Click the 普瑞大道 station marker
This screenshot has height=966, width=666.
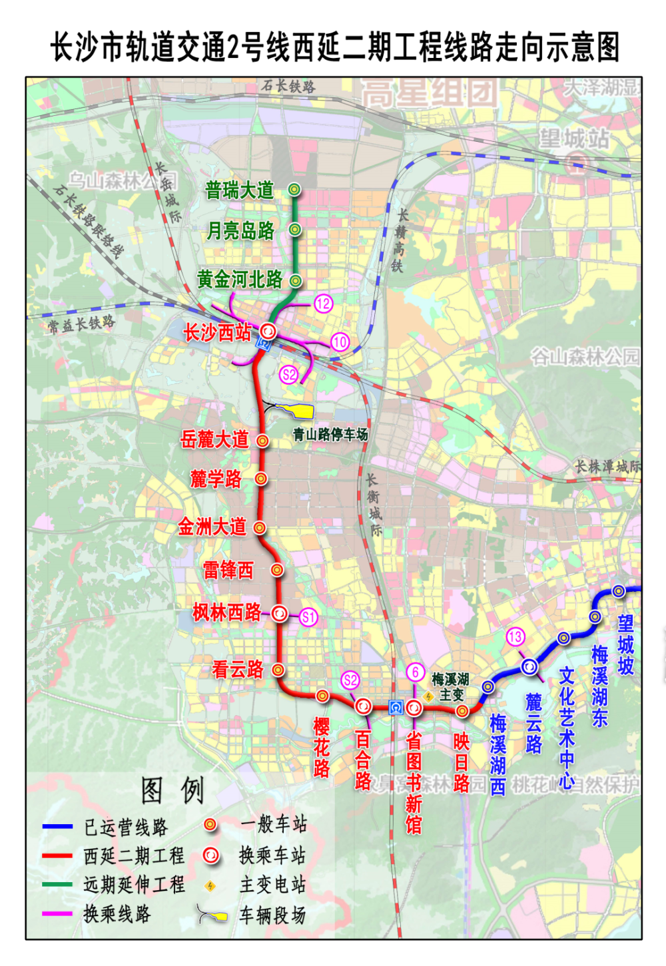(x=294, y=190)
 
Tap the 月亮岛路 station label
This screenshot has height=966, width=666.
(x=240, y=231)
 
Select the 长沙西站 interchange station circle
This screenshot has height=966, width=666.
(x=268, y=331)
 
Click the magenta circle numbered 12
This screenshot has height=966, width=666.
(x=323, y=304)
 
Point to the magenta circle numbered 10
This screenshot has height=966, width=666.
(x=340, y=342)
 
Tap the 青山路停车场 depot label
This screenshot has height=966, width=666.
(x=330, y=435)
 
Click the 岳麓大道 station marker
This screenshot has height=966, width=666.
(x=263, y=441)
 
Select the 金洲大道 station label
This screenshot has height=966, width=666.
(x=212, y=527)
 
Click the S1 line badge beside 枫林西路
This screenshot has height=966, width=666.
(x=308, y=617)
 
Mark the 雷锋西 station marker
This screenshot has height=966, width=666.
(x=277, y=570)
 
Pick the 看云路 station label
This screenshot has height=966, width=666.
(x=238, y=670)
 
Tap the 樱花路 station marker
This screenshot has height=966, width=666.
(x=322, y=696)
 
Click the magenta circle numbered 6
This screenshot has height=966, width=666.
(x=416, y=672)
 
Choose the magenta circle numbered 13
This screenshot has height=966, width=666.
(x=515, y=637)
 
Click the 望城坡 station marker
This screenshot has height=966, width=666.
(x=619, y=591)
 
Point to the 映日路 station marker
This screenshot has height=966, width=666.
(x=462, y=711)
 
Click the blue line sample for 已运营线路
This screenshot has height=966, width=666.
(x=57, y=827)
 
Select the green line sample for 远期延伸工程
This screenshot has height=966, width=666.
(x=57, y=885)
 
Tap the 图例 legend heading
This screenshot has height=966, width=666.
(x=172, y=791)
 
